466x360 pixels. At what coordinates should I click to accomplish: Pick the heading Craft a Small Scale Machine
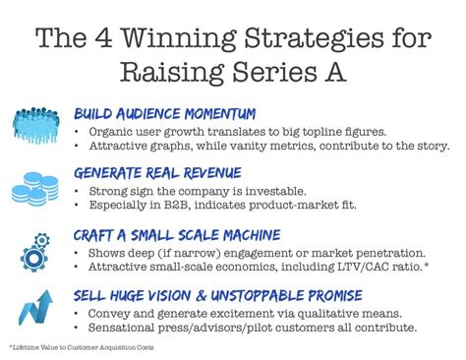[x=177, y=234]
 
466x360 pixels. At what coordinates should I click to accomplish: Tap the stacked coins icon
[x=38, y=185]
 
